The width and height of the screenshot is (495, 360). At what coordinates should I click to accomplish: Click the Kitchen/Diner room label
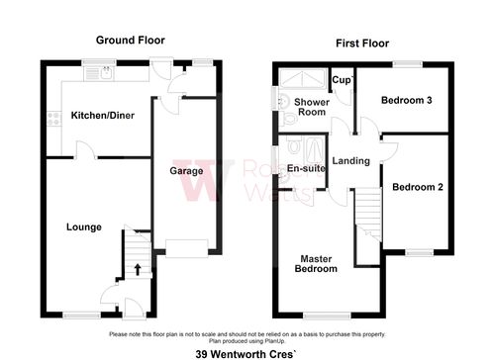point(102,116)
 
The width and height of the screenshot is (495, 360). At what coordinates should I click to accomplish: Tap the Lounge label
point(84,227)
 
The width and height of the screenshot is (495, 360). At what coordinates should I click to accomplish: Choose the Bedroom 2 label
point(417,187)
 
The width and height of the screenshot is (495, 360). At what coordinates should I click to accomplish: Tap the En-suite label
point(306,169)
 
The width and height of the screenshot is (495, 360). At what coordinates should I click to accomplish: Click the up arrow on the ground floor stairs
point(137,267)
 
